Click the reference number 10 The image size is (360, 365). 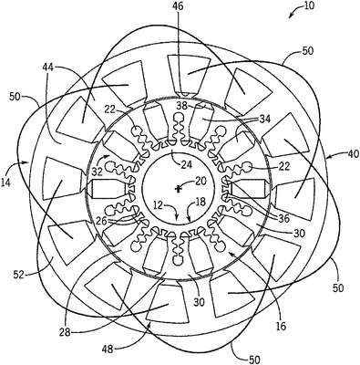(x=309, y=6)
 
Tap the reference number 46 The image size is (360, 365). (x=178, y=6)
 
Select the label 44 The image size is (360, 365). (x=48, y=68)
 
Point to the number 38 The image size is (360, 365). (x=182, y=105)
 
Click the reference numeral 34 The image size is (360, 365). (x=264, y=118)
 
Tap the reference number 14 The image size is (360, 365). (x=5, y=182)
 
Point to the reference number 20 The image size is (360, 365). (x=201, y=181)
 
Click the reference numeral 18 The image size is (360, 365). (x=201, y=202)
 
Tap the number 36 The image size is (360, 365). (x=284, y=218)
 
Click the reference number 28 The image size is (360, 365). (x=65, y=331)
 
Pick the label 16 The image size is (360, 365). (x=281, y=327)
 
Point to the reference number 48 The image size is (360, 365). (x=107, y=349)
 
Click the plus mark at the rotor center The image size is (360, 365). (x=178, y=190)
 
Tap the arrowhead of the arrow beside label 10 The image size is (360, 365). (x=291, y=16)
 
